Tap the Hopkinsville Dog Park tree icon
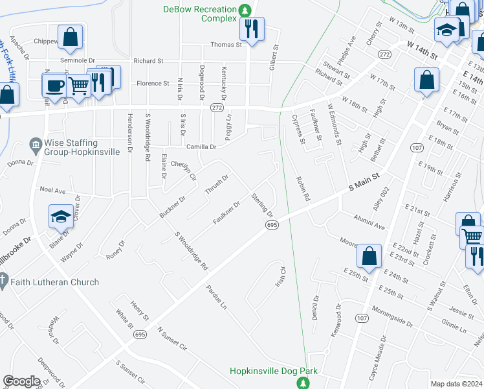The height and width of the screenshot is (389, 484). pyautogui.click(x=302, y=383)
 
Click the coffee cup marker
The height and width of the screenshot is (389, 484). pyautogui.click(x=54, y=85)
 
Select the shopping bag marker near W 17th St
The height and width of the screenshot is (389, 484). pyautogui.click(x=426, y=82)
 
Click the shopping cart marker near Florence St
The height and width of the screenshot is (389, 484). pyautogui.click(x=79, y=84)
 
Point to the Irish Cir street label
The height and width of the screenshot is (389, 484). pyautogui.click(x=281, y=277)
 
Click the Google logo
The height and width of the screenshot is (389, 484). pyautogui.click(x=21, y=381)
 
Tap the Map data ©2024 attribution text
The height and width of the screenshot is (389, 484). pyautogui.click(x=456, y=384)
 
